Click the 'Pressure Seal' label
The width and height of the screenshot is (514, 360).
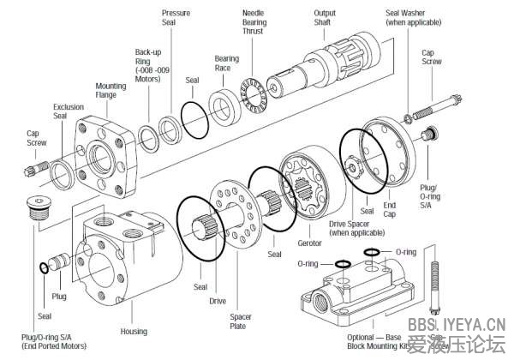[x=176, y=18]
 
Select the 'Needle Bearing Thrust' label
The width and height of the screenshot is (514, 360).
[x=253, y=22]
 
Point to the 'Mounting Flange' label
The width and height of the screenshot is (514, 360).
[x=111, y=92]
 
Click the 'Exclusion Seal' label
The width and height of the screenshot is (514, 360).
[x=69, y=111]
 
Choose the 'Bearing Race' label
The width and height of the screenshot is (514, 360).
[x=226, y=63]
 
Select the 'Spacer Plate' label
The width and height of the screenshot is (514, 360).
[x=241, y=321]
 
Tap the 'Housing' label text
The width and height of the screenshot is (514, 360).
[x=134, y=331]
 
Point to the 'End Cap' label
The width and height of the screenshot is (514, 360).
[x=390, y=210]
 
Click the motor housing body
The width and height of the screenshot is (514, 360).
[x=128, y=257]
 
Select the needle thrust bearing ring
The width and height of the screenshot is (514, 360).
[x=254, y=92]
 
